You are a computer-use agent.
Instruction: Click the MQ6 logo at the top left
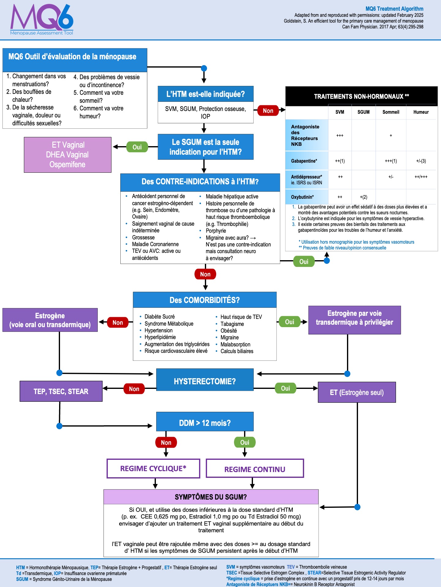click(42, 20)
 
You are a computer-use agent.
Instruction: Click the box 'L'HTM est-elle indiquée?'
click(205, 94)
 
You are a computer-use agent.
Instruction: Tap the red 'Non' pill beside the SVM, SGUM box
click(268, 111)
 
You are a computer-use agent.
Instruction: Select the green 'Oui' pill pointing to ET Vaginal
click(137, 147)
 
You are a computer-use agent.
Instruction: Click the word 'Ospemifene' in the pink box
click(67, 164)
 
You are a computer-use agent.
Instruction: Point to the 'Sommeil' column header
click(391, 112)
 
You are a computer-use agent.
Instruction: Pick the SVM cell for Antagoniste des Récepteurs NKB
click(340, 135)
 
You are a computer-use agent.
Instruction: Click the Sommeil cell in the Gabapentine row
click(391, 161)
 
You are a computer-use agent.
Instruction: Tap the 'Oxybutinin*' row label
click(302, 197)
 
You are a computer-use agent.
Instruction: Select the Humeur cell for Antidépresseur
click(421, 177)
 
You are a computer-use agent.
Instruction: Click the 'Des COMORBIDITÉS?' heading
click(205, 300)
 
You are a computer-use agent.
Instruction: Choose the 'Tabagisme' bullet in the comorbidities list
click(232, 324)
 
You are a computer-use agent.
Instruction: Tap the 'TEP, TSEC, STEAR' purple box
click(61, 391)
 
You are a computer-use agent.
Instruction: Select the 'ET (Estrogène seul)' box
click(357, 392)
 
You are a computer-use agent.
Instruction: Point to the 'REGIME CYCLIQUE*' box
click(153, 468)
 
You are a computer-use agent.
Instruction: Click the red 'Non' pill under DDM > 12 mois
click(166, 442)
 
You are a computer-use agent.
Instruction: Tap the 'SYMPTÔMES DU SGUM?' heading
click(211, 497)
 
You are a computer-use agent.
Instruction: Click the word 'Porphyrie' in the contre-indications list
click(216, 231)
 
